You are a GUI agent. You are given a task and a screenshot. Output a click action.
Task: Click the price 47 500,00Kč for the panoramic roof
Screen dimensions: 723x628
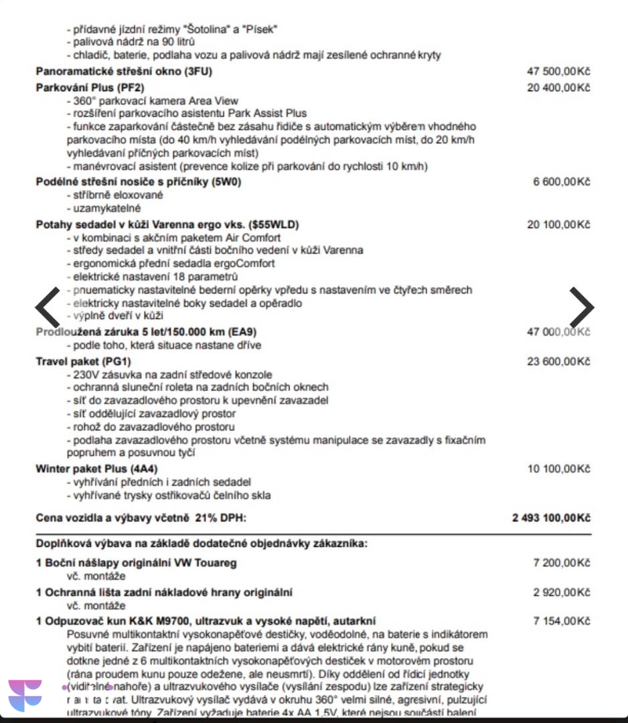tap(558, 72)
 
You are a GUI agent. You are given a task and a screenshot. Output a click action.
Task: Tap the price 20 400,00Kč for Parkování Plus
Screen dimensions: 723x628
tap(558, 88)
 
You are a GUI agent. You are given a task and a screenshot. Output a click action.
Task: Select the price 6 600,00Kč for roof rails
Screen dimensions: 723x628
tap(561, 181)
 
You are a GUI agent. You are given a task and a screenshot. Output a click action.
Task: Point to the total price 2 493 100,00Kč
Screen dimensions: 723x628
tap(551, 518)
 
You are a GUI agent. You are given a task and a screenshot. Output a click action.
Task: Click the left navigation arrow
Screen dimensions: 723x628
tap(48, 307)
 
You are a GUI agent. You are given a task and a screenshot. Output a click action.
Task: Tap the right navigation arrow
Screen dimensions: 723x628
tap(581, 307)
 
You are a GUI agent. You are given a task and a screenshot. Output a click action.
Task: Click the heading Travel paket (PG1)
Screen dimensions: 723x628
tap(83, 361)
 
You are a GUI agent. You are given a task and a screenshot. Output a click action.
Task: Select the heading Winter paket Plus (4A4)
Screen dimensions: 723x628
tap(96, 469)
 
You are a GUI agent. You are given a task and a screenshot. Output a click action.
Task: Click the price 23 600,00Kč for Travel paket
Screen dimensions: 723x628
tap(558, 361)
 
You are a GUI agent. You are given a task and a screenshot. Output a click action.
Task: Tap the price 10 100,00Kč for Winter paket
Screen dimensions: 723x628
tap(558, 469)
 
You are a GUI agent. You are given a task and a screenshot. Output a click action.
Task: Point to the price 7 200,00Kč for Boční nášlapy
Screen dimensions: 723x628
tap(561, 563)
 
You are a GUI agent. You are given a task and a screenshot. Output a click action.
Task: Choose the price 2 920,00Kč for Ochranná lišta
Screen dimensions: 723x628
tap(561, 592)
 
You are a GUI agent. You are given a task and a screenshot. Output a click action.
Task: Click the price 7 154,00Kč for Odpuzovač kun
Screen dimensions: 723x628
tap(561, 621)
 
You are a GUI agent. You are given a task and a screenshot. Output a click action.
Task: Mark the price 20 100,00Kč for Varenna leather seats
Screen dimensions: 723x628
tap(558, 224)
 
